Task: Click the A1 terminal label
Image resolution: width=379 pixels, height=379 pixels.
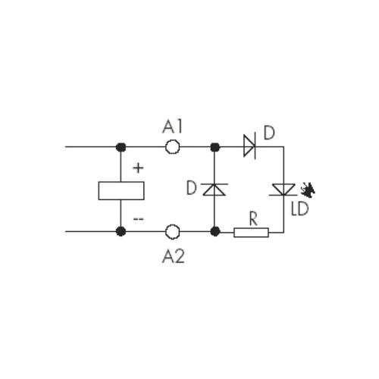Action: coord(172,127)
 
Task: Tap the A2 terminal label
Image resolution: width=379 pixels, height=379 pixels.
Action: coord(174,256)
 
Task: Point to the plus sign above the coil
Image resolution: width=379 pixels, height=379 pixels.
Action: coord(138,168)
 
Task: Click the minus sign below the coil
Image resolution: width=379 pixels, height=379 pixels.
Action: coord(138,219)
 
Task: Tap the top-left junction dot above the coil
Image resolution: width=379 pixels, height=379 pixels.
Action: coord(121,147)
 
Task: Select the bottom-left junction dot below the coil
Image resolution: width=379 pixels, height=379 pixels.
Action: coord(121,231)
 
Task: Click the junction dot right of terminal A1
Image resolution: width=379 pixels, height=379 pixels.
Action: coord(215,147)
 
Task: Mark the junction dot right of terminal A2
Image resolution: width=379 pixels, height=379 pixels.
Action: coord(215,231)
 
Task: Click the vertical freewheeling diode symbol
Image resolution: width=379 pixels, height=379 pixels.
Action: coord(215,189)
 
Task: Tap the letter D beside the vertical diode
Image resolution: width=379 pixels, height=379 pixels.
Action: coord(192,188)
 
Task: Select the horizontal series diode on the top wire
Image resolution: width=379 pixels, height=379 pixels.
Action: coord(249,146)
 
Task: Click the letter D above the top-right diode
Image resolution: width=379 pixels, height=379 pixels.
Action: coord(269,133)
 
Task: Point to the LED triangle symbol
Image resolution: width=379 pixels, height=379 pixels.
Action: coord(283,189)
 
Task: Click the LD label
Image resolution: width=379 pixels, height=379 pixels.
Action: coord(300,208)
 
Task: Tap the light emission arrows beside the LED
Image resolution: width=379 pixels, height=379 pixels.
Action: coord(308,190)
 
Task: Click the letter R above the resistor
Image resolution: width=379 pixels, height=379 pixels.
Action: coord(253,218)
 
